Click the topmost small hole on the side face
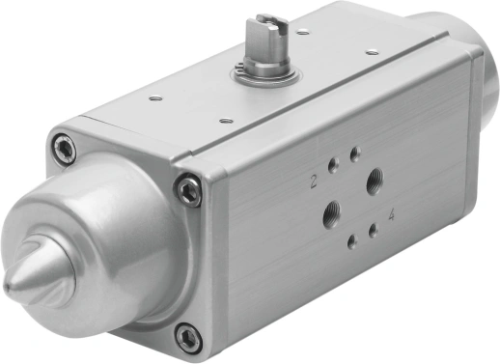pos(355,154)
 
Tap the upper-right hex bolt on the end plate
pos(189,190)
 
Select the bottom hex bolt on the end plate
pos(188,338)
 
